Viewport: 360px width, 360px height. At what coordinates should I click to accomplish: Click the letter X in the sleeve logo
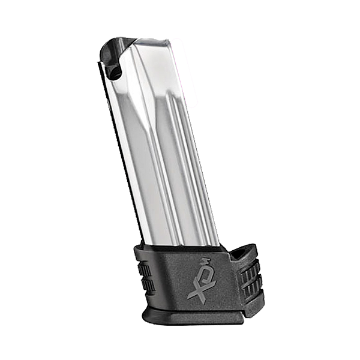click(x=196, y=290)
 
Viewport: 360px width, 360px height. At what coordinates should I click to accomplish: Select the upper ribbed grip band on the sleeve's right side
click(x=250, y=272)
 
